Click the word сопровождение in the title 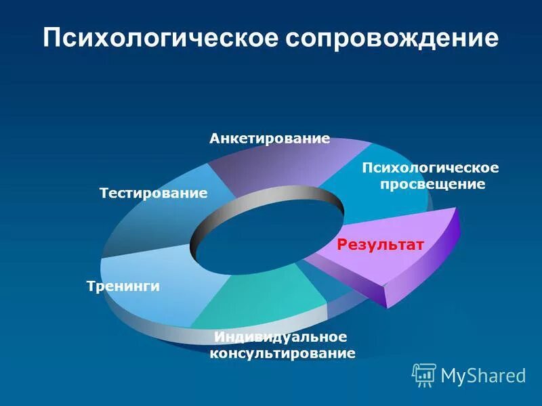[x=391, y=38]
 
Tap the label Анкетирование [x=270, y=139]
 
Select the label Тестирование [x=153, y=194]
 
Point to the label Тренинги [x=123, y=286]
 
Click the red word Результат [x=380, y=244]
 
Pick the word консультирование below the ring [x=282, y=353]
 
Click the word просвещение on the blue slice [x=431, y=184]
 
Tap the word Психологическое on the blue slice [x=431, y=167]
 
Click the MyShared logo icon [x=424, y=375]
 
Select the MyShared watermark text [x=483, y=376]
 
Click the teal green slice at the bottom [x=271, y=298]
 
